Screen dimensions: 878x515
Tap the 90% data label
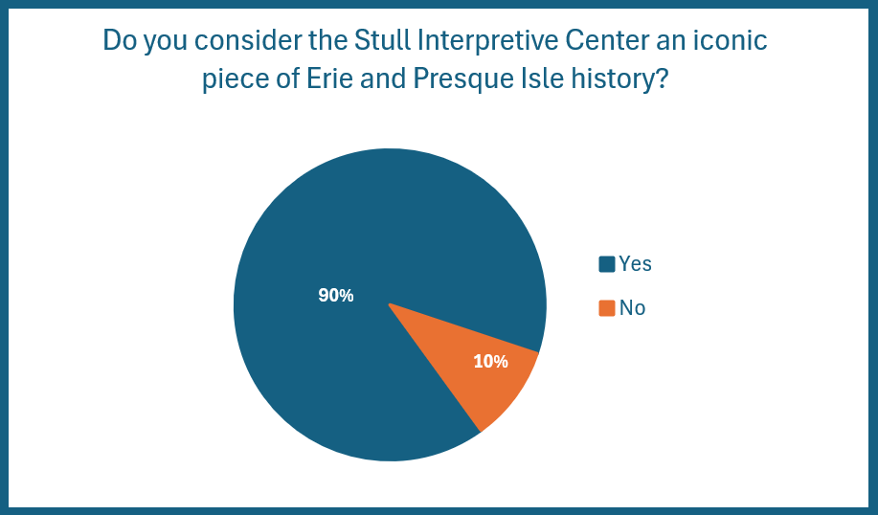(336, 296)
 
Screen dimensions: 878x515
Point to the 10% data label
(491, 362)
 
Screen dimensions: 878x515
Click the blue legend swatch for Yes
(607, 263)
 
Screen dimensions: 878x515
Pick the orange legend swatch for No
(607, 308)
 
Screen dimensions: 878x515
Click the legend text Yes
(636, 263)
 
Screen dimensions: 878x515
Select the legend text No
(633, 308)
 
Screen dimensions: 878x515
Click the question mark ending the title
(662, 78)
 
